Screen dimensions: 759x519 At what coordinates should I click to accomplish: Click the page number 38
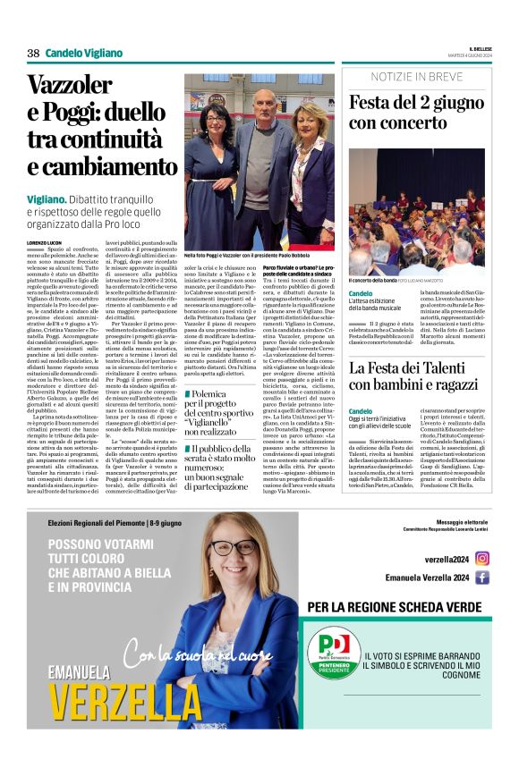pyautogui.click(x=33, y=53)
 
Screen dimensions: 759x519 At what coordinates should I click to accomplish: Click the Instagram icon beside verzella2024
pyautogui.click(x=482, y=558)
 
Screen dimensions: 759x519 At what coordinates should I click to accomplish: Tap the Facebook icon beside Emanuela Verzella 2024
pyautogui.click(x=482, y=578)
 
